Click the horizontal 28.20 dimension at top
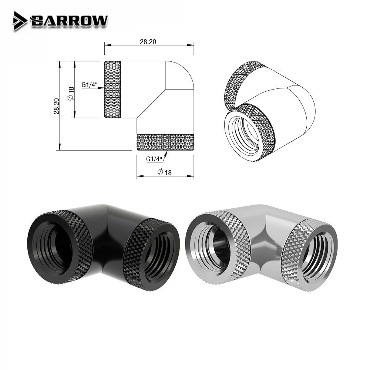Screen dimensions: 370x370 point(148,41)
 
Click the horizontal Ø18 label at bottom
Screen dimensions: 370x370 point(165,172)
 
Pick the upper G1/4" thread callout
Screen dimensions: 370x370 point(89,85)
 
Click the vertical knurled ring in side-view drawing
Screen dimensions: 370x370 point(113,90)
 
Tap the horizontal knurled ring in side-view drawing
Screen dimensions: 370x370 point(165,142)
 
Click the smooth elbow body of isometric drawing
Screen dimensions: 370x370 point(292,96)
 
